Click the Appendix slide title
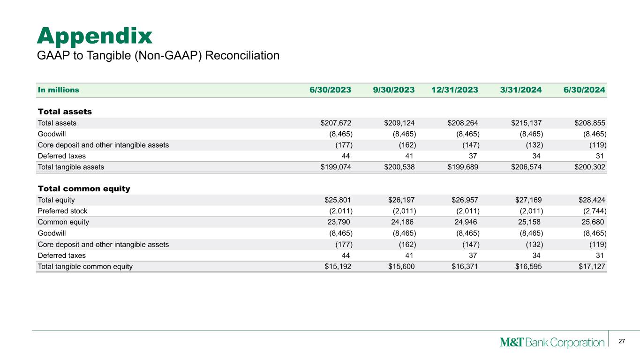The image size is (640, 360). point(95,36)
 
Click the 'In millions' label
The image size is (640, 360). point(58,90)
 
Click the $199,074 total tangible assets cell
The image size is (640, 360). point(336,166)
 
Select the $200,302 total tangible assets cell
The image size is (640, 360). point(590,166)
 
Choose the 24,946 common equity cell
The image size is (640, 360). point(462,222)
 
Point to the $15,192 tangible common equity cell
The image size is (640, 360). point(338,267)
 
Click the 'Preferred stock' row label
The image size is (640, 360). point(62,211)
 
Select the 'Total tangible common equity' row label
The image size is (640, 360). point(85,267)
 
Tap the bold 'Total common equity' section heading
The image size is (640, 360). point(83,189)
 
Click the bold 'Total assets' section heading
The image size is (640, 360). point(64,112)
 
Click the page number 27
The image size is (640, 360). point(622,341)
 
